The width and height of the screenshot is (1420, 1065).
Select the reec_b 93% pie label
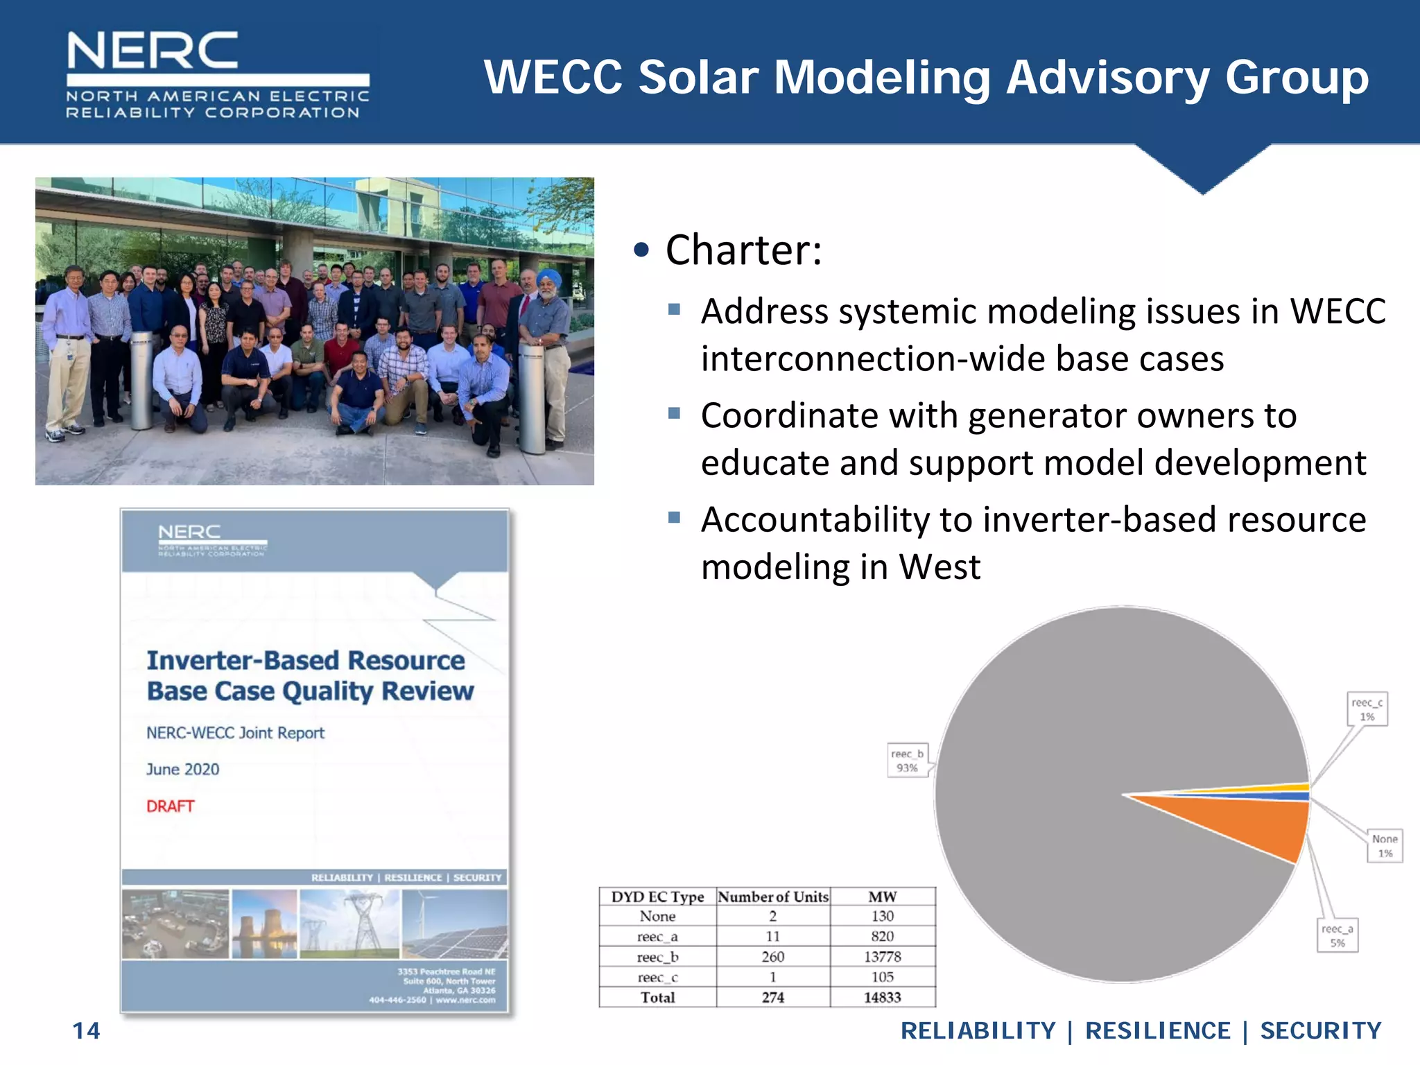(907, 761)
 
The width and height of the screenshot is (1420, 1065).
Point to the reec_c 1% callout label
(1367, 709)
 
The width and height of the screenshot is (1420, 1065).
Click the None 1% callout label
(1385, 846)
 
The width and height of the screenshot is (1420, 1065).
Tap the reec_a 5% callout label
(1337, 935)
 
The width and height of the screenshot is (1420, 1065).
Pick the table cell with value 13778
(882, 957)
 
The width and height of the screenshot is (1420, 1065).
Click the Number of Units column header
(772, 897)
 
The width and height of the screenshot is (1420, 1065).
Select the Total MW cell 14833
(882, 997)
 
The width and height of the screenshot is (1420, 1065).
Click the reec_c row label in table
(657, 977)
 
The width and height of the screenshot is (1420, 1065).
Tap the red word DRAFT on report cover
(170, 806)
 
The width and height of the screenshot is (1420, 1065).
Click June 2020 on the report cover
(182, 769)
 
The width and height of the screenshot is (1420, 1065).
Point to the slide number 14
(86, 1031)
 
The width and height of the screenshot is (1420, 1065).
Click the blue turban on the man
(548, 277)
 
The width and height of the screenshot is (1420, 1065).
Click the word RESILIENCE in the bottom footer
(1157, 1031)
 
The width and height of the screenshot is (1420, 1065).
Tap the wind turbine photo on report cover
(454, 924)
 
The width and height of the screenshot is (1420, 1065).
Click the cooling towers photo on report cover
(264, 924)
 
